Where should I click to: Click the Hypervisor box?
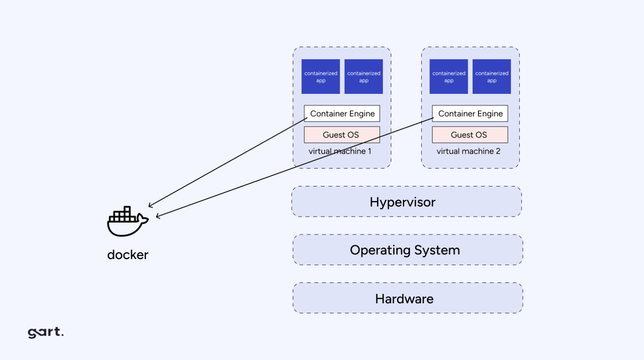[406, 202]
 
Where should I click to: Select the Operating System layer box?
[408, 250]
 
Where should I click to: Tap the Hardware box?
[408, 298]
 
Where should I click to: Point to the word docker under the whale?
[128, 255]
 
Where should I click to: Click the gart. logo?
[46, 332]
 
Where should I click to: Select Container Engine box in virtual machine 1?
[342, 114]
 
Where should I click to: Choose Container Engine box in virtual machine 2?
[470, 114]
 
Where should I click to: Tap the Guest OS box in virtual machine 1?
[342, 135]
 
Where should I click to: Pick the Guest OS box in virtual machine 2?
[470, 135]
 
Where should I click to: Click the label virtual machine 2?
[468, 151]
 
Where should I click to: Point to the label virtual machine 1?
[340, 151]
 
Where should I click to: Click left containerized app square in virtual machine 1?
[321, 77]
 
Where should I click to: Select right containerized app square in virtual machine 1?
[364, 77]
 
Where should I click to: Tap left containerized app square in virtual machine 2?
[449, 77]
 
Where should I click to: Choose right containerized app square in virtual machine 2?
[491, 77]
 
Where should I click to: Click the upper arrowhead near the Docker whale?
[150, 205]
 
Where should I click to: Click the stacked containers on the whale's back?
[122, 215]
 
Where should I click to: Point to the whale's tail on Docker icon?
[144, 219]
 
